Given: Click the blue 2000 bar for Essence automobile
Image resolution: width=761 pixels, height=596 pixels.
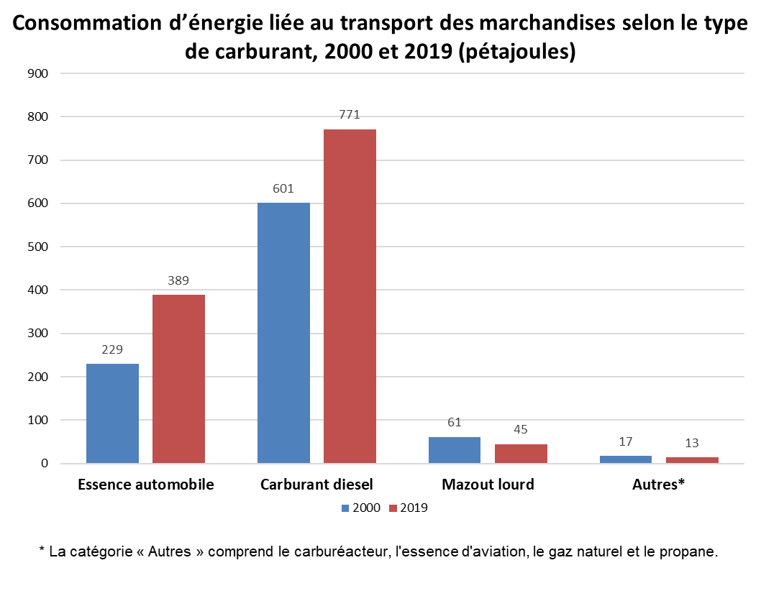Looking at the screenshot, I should pos(112,413).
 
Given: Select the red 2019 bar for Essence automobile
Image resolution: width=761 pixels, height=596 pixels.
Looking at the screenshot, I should pos(178,379).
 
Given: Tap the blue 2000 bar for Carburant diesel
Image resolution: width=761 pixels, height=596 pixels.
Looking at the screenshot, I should pos(283,333).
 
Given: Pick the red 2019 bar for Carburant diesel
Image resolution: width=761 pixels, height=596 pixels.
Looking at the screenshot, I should pos(350,296).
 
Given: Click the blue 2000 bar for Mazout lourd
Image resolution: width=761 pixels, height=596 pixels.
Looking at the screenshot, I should pos(455,450).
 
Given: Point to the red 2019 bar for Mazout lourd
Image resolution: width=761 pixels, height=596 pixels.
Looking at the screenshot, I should pos(521,454).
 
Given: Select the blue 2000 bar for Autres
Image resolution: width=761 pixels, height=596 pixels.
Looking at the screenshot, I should pos(626,459).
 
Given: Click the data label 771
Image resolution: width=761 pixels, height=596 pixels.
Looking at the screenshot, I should pos(350,114).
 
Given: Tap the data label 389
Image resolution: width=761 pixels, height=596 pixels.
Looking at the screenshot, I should pos(178,280).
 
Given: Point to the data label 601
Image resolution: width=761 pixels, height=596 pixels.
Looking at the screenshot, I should pos(283,188).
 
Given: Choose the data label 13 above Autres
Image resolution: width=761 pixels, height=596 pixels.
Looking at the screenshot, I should pos(692,443).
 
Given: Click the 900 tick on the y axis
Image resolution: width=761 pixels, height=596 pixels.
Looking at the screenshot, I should pos(37,73).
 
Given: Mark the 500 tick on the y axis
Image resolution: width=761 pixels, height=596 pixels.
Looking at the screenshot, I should pos(37,247).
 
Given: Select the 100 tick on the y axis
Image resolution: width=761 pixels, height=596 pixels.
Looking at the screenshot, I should pos(37,420).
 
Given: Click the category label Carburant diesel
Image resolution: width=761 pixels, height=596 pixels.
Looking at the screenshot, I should pos(316,485).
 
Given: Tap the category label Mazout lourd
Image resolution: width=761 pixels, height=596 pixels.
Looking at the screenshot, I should pos(488,485).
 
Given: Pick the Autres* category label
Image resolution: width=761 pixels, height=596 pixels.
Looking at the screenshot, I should pos(658,485).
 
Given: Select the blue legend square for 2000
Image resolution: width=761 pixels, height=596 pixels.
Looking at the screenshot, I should pos(346,508).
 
